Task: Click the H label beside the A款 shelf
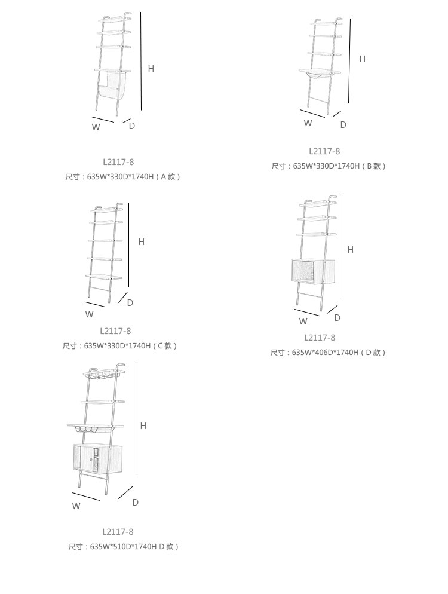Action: click(151, 69)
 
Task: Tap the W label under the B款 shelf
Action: click(308, 123)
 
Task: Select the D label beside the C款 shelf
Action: click(130, 303)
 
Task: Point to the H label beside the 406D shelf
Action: click(350, 250)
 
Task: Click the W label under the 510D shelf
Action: click(76, 506)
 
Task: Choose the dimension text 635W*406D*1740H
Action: click(325, 353)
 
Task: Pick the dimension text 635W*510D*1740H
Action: click(123, 547)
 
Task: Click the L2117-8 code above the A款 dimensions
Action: click(118, 162)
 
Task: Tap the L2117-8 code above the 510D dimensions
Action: click(118, 532)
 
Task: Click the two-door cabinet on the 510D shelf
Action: click(97, 458)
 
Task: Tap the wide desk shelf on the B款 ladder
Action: click(319, 71)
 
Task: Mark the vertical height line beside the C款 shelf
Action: click(129, 245)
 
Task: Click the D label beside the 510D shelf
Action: click(135, 503)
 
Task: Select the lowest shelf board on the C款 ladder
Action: click(104, 277)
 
